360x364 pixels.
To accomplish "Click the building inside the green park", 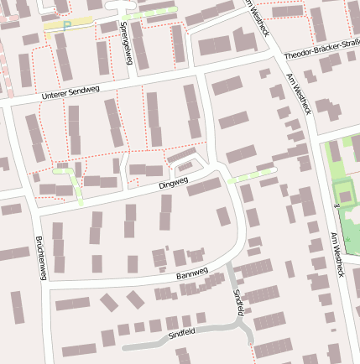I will coord(343,194).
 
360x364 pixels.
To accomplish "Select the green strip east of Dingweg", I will coord(252,175).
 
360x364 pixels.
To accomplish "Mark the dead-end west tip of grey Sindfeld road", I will coord(124,346).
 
